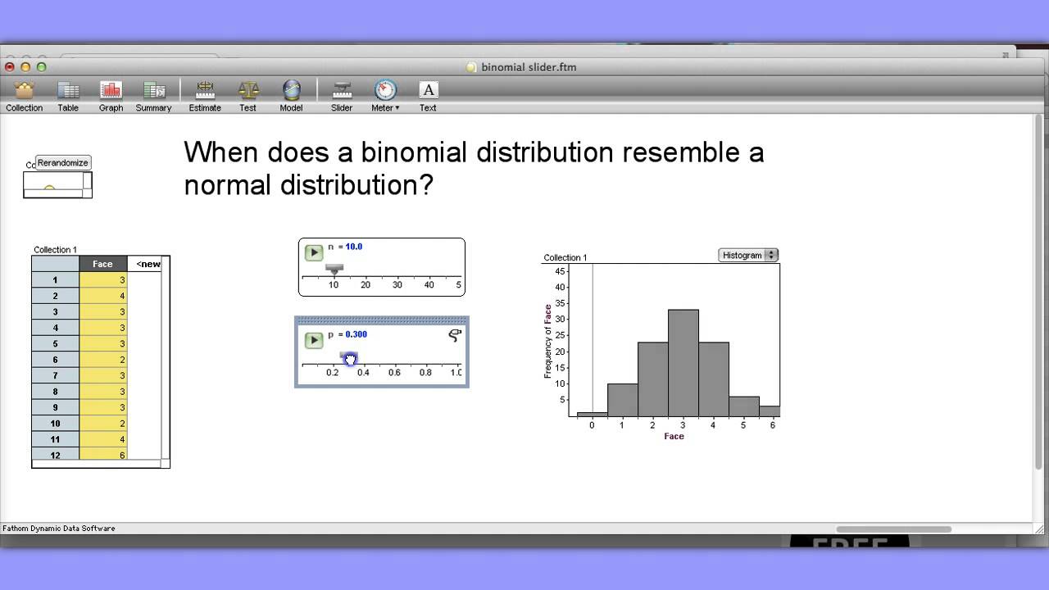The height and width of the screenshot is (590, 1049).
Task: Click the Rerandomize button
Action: [x=62, y=163]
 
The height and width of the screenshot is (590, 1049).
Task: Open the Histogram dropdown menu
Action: [x=747, y=256]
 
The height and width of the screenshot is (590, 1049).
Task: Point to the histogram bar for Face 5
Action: [x=743, y=407]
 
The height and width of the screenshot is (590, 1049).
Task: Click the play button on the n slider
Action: [x=314, y=252]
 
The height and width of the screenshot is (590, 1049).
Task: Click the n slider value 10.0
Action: [x=353, y=247]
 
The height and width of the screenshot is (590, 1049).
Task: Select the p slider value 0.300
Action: [x=356, y=334]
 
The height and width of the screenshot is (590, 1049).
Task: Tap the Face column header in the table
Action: [x=102, y=264]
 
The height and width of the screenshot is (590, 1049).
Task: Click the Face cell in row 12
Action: [x=103, y=455]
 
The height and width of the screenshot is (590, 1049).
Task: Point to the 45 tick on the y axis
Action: [x=561, y=271]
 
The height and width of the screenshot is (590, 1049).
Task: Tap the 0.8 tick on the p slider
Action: [x=425, y=372]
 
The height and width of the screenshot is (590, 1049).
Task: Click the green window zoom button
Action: [x=42, y=67]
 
